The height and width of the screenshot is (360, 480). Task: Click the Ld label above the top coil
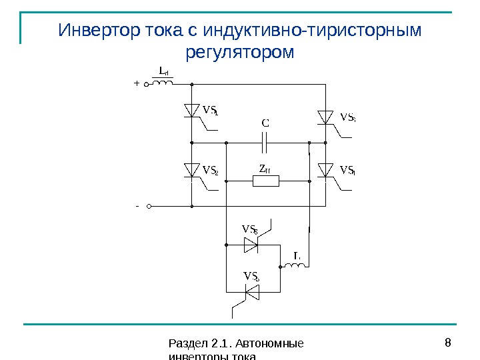(163, 71)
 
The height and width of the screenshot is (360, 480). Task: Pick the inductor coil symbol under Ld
(163, 83)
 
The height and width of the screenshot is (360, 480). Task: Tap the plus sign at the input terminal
(136, 85)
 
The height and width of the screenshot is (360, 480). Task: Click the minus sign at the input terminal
(136, 206)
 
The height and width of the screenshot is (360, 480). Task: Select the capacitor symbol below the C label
(265, 142)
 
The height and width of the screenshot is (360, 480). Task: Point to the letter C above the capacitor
(265, 123)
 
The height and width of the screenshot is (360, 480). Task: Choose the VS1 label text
(211, 110)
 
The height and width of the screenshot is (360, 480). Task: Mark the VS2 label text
(211, 171)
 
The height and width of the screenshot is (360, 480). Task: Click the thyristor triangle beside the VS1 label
(192, 110)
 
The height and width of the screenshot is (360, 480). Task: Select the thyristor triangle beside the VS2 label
(192, 171)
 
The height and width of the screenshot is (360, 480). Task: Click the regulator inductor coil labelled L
(295, 266)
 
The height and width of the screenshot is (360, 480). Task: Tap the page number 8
(448, 344)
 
